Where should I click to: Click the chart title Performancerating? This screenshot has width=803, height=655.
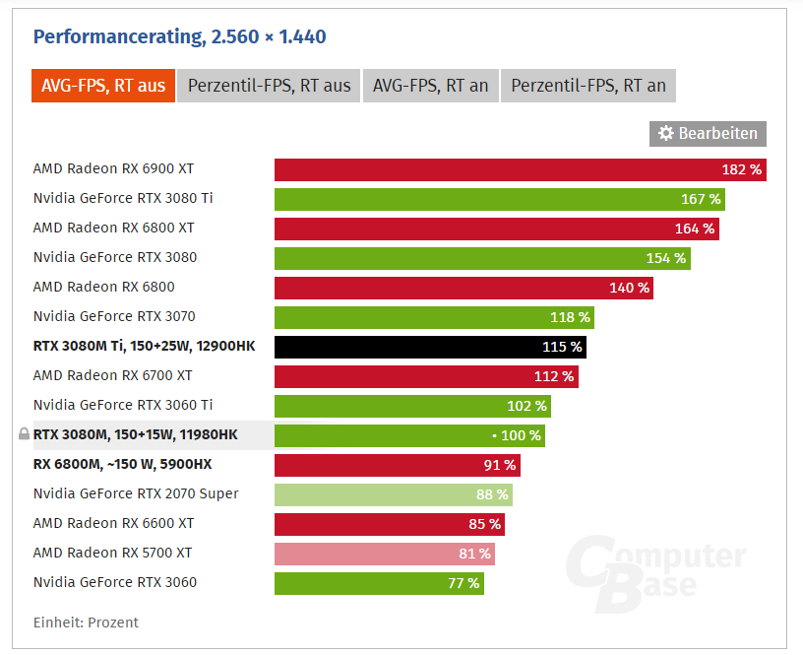coord(179,37)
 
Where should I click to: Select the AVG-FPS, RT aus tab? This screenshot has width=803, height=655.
coord(102,86)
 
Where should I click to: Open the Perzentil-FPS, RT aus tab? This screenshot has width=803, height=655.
coord(269,86)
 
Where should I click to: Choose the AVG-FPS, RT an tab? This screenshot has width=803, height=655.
coord(430,86)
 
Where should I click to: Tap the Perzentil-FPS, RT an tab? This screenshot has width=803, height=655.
coord(588,86)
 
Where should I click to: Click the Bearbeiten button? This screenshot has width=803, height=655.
coord(708,133)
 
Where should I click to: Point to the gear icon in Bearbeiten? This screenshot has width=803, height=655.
coord(666,133)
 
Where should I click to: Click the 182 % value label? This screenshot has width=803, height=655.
coord(741,169)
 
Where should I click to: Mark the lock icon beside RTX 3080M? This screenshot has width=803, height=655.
coord(25,434)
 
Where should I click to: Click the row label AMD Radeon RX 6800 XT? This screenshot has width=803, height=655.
coord(113,228)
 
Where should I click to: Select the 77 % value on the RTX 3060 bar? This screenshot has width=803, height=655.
coord(463,583)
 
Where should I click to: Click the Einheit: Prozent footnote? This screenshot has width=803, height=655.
coord(86,622)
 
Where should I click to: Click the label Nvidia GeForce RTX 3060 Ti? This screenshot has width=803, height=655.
coord(123,405)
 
